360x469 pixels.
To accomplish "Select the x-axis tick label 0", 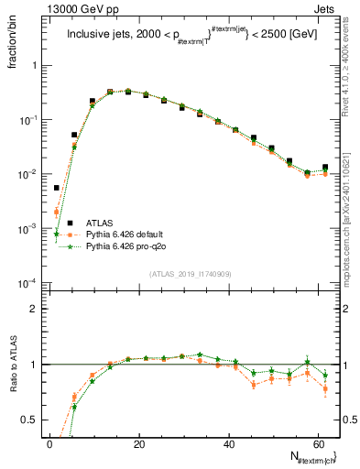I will (49, 443).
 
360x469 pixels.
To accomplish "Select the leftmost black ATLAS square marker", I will (57, 188).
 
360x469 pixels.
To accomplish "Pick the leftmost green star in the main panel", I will (57, 234).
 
